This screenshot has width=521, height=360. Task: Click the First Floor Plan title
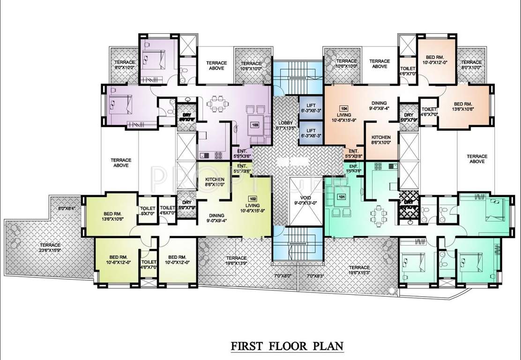(x=287, y=346)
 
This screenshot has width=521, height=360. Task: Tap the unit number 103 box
(x=255, y=125)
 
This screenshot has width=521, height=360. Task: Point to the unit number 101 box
(x=341, y=197)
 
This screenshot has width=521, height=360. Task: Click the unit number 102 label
(x=253, y=198)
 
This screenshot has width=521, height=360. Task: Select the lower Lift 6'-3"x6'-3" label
(x=311, y=133)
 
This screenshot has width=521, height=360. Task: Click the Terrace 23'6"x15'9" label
(x=50, y=248)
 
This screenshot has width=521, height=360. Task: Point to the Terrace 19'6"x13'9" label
(x=236, y=261)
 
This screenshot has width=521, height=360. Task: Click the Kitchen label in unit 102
(x=215, y=182)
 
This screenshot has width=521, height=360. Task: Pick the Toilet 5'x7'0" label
(x=148, y=211)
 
